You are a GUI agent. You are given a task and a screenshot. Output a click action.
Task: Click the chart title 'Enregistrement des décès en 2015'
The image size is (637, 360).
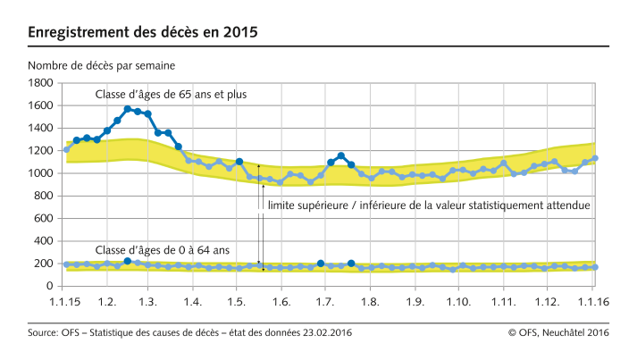143,33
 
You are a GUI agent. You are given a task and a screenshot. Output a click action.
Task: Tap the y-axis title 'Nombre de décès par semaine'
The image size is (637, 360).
101,66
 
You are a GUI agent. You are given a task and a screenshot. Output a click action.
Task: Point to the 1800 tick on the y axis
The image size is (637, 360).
40,83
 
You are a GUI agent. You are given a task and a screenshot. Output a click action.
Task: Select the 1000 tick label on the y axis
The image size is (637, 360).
40,173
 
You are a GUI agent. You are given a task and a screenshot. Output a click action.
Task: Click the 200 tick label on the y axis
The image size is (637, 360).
44,264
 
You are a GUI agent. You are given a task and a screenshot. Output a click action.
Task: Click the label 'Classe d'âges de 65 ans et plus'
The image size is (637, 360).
171,94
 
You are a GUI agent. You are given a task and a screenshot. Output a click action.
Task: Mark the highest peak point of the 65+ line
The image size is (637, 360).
128,109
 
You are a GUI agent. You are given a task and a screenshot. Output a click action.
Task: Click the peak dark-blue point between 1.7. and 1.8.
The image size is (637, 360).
340,156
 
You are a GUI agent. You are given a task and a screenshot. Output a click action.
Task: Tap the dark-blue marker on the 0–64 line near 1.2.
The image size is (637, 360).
128,261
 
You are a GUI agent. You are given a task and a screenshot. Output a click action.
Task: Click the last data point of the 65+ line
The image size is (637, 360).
595,158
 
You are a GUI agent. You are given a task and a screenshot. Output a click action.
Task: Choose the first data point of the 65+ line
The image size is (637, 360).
67,149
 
